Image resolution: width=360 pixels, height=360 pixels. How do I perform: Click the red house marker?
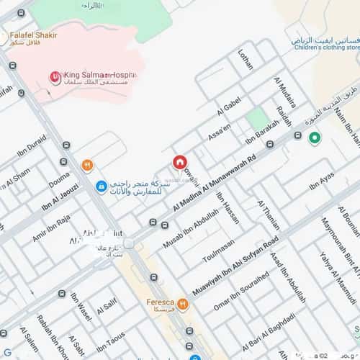179,163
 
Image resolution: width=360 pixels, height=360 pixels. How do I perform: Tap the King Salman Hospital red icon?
55,76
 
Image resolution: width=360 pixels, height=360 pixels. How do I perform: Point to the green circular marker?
314,138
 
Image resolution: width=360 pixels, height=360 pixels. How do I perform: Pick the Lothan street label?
245,58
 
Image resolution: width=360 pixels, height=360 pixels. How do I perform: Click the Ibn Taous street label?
110,343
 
